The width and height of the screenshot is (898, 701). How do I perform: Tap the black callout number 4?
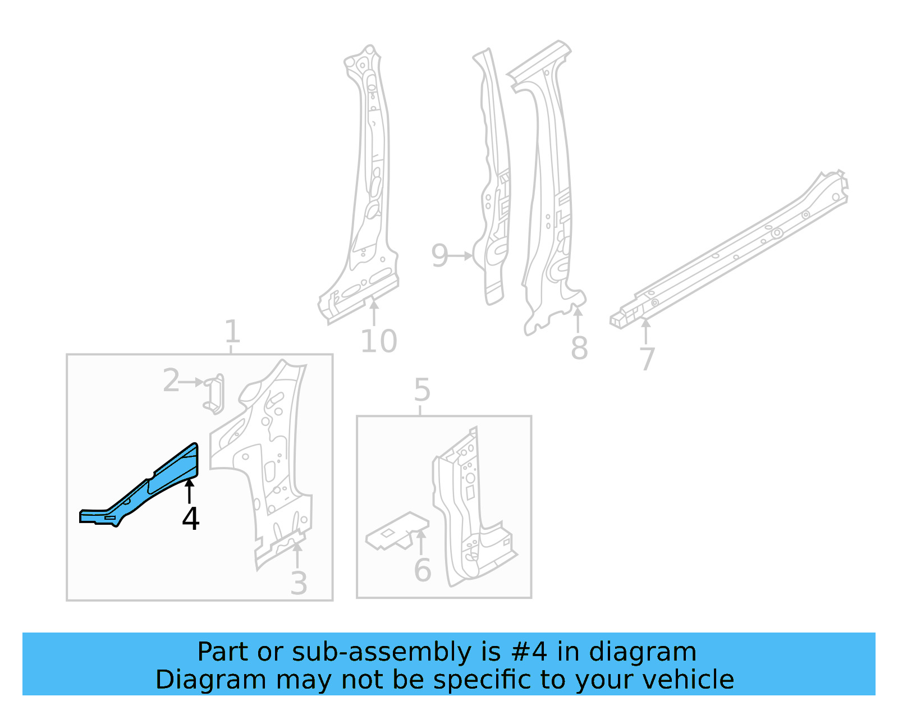[x=191, y=519]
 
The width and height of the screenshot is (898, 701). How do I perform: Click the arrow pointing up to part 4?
[x=190, y=491]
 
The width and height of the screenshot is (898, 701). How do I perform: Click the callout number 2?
[x=171, y=381]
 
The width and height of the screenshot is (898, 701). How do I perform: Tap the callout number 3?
[x=299, y=583]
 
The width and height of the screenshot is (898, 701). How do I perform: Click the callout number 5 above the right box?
[x=422, y=390]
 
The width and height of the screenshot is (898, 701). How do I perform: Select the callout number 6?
[x=422, y=570]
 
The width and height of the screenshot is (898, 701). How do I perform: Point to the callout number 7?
[x=647, y=359]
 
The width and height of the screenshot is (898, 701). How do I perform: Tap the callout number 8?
[x=579, y=348]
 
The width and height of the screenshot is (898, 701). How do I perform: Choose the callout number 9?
[x=439, y=256]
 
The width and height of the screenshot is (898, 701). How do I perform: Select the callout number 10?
[x=378, y=341]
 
